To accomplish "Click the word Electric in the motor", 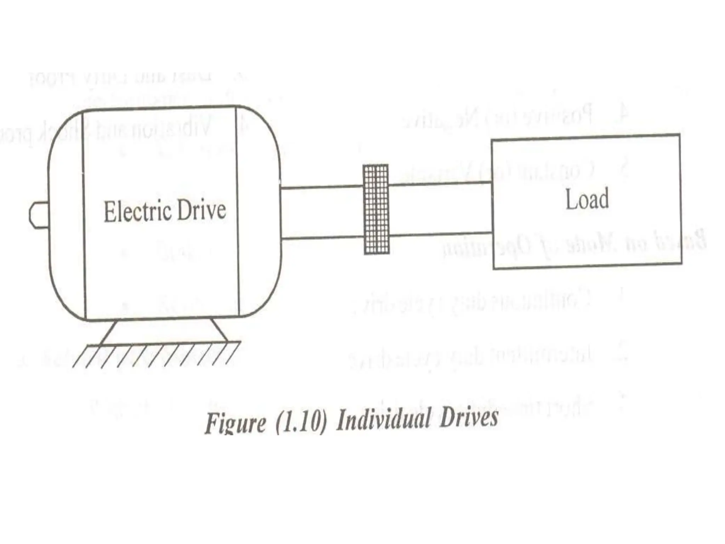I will tap(138, 211).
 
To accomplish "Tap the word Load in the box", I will tap(587, 199).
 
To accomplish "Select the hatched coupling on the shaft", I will tap(376, 209).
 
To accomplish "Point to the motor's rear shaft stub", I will tap(39, 215).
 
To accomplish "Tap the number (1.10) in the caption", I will tap(301, 421).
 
